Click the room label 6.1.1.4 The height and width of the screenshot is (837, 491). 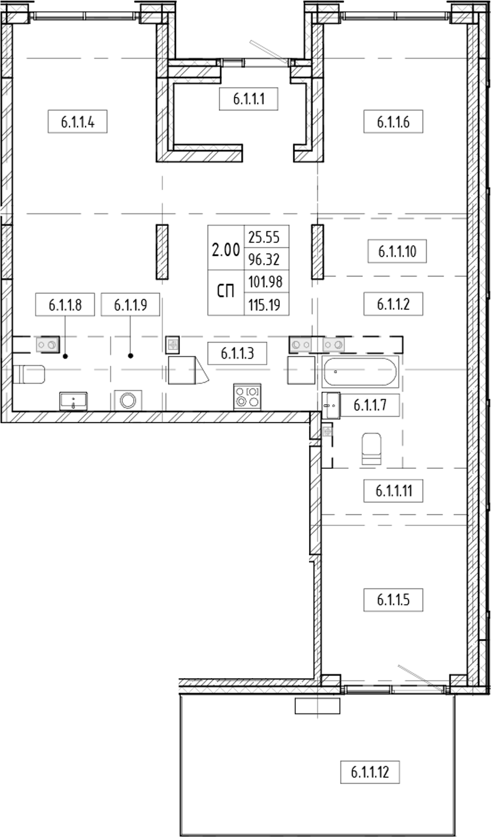(78, 122)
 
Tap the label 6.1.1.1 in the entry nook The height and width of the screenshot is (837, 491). (249, 99)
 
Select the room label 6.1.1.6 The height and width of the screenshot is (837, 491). (393, 122)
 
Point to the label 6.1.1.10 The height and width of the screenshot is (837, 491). (397, 251)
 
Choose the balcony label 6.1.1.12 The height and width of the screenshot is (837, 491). (370, 772)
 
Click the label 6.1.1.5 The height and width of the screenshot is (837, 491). (393, 600)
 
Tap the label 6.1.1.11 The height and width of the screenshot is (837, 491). (393, 490)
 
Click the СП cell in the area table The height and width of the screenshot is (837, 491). (225, 292)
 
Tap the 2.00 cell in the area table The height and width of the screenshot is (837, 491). (225, 249)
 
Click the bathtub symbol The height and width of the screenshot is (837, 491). (360, 372)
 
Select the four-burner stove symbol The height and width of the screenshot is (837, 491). (247, 397)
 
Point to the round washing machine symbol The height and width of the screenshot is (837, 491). (128, 401)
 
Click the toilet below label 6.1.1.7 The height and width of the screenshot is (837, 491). (372, 449)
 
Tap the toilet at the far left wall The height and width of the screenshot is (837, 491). (29, 374)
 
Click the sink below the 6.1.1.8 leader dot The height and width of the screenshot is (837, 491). (73, 402)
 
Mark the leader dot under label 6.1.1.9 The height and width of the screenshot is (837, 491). (131, 356)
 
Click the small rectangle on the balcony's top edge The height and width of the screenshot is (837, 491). (317, 706)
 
